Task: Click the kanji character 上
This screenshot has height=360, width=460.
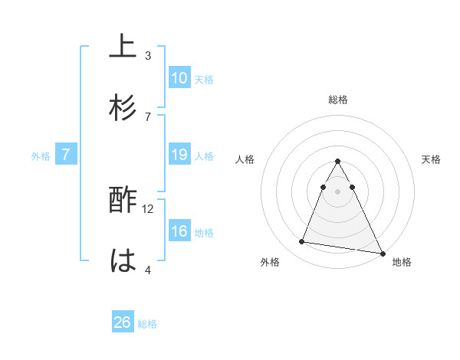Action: (x=123, y=47)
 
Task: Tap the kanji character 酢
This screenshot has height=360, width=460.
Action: (x=123, y=201)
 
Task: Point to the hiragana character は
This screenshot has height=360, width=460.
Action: (x=123, y=260)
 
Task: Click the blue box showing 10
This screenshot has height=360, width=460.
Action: (x=179, y=77)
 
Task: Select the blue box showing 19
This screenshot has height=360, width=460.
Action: (x=179, y=155)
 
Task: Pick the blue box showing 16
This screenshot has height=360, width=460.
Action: (x=179, y=232)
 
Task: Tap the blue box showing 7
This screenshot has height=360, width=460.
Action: (x=66, y=155)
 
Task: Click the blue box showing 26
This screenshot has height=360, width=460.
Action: (x=123, y=322)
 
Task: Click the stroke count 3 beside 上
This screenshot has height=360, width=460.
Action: (x=148, y=55)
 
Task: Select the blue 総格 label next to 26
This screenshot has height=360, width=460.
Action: (x=147, y=324)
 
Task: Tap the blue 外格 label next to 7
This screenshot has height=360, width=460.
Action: (x=41, y=156)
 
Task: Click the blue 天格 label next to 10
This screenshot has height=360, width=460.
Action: (x=203, y=79)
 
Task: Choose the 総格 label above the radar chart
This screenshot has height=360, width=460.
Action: (x=337, y=100)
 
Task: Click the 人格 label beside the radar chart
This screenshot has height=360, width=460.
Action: (x=245, y=159)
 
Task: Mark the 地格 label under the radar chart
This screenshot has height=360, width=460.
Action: (x=402, y=263)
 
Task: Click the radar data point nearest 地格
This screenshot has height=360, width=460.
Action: (x=383, y=253)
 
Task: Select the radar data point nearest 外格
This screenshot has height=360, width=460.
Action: (x=301, y=242)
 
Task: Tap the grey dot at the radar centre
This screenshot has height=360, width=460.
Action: (x=337, y=191)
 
